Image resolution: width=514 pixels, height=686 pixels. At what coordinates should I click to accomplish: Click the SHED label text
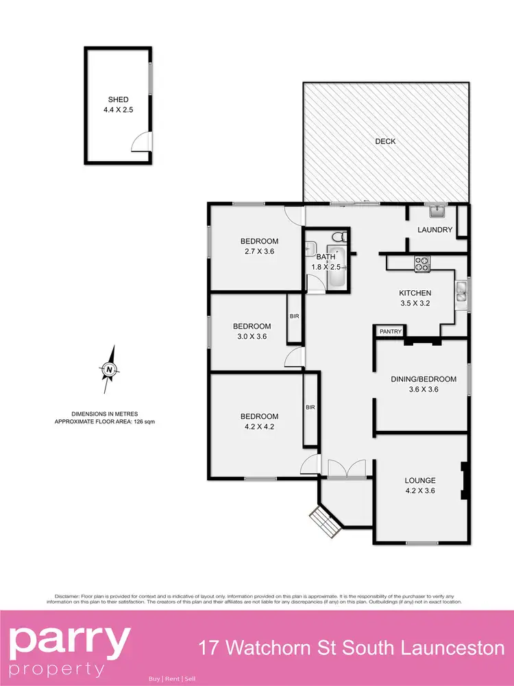click(x=117, y=99)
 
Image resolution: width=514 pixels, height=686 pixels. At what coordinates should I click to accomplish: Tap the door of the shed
click(x=140, y=142)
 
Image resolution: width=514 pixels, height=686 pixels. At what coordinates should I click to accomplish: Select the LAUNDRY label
click(x=435, y=230)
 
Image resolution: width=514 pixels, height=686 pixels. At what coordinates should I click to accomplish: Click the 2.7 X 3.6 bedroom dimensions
click(x=259, y=252)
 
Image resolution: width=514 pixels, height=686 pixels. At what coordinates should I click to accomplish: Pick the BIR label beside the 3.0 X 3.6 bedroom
click(x=295, y=317)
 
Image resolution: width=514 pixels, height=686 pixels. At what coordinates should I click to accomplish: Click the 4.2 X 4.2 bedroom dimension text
click(x=259, y=427)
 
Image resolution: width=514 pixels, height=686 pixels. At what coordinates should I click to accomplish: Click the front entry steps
click(x=321, y=522)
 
